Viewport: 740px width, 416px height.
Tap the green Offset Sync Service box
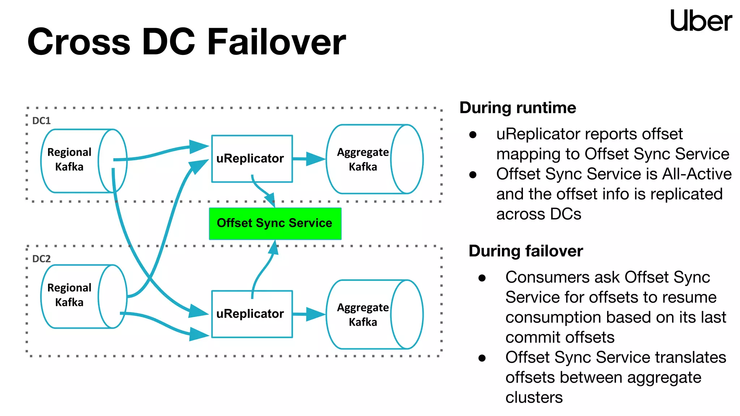click(x=275, y=224)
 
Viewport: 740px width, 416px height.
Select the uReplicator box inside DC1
click(x=252, y=159)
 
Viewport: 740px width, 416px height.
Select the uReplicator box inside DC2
click(x=252, y=314)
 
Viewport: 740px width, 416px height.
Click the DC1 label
click(x=41, y=121)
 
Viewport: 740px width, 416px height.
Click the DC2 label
click(x=41, y=259)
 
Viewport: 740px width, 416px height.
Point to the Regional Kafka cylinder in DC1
click(x=83, y=161)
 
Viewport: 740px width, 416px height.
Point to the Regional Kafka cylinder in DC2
click(x=83, y=296)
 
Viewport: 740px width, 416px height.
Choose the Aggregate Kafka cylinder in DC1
click(x=374, y=159)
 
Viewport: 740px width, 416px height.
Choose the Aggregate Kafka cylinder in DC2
click(x=374, y=315)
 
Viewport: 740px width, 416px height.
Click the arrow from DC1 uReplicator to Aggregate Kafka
click(x=309, y=159)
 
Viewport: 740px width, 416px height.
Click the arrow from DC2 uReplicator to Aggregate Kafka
click(x=309, y=314)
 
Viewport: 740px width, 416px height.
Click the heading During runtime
click(x=517, y=108)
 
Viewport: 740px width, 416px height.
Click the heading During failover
click(x=525, y=251)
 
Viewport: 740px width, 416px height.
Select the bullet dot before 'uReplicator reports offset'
click(x=473, y=135)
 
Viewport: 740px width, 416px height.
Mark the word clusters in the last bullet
click(x=534, y=398)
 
